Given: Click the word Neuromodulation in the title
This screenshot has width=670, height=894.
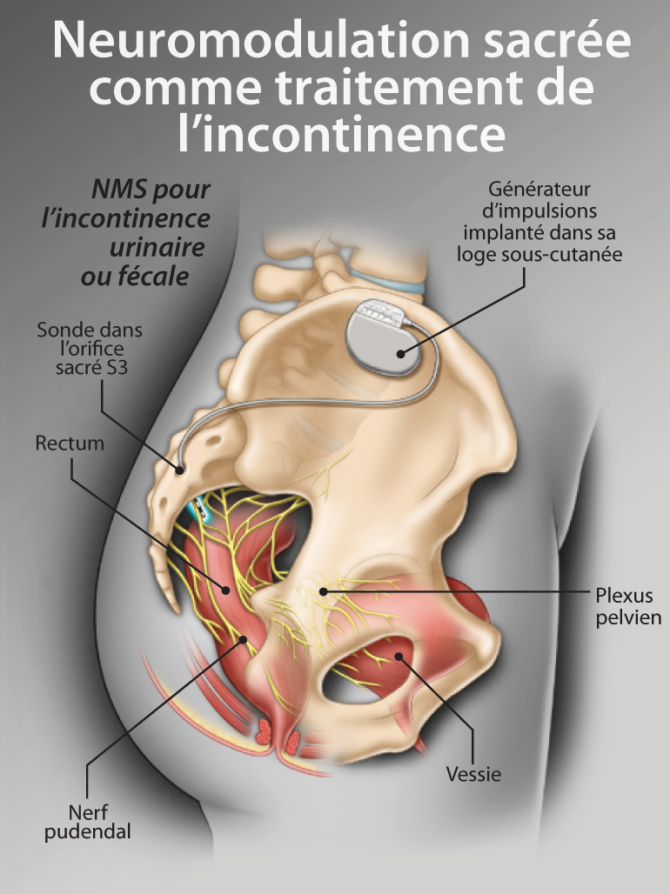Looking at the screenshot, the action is [x=260, y=41].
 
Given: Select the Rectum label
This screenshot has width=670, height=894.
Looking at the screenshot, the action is [x=70, y=443].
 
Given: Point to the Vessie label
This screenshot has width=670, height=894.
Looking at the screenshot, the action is [x=473, y=774].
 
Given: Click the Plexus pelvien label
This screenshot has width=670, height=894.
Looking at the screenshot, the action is [x=628, y=606].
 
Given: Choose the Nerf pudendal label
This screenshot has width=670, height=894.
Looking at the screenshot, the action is [x=87, y=822].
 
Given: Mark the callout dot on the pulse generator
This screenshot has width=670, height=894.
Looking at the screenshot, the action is [x=400, y=354].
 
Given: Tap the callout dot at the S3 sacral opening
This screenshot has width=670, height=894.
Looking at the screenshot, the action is [x=180, y=470].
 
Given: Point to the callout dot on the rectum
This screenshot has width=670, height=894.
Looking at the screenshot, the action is [x=226, y=590].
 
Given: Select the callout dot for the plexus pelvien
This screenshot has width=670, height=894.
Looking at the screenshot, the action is [x=323, y=591].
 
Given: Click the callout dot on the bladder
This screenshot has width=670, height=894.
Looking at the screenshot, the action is [x=399, y=657].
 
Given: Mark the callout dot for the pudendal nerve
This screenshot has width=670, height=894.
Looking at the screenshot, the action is [x=243, y=639].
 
